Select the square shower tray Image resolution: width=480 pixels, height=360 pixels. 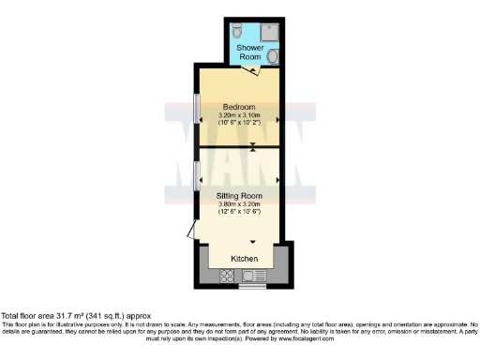pos(268,29)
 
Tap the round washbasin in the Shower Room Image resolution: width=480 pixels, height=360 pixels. pos(272,56)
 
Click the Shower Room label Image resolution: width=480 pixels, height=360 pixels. pos(249,52)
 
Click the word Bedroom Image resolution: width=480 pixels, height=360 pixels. pos(239,106)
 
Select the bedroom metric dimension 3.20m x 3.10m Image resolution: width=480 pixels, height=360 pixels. pos(239,114)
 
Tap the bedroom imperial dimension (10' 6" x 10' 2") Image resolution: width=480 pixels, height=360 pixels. pos(239,123)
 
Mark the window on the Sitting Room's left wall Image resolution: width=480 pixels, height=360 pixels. pos(197,175)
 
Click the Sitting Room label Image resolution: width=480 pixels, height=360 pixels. pos(239,194)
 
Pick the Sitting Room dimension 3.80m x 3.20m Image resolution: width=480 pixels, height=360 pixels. pos(239,202)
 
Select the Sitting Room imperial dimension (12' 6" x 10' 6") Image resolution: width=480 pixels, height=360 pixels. pos(239,211)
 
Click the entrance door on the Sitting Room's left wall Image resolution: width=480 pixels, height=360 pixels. pos(192,229)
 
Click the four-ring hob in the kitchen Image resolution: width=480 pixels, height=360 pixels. pos(226,275)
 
